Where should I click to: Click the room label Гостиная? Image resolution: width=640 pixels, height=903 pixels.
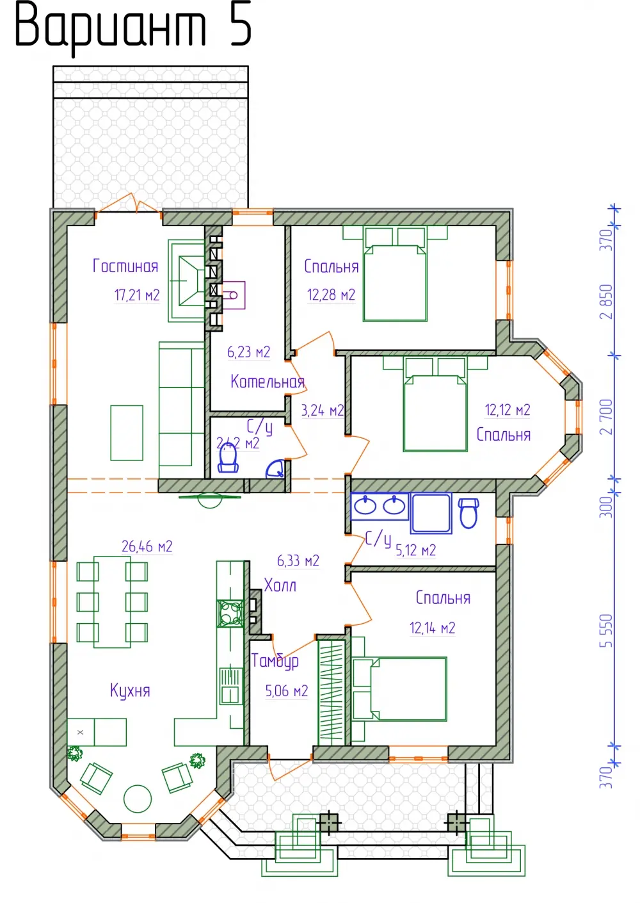[125, 266]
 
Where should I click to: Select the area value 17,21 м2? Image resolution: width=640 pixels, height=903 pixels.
[137, 295]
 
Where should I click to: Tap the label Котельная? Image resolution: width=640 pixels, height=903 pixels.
[268, 381]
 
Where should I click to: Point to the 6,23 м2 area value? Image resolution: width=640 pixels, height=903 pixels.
[248, 352]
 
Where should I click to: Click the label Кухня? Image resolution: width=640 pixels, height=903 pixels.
[130, 691]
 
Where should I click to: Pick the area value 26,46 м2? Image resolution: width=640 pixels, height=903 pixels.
[147, 547]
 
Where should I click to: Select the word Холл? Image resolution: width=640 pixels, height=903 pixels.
[280, 585]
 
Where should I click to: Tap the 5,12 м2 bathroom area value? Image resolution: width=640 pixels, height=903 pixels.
[415, 551]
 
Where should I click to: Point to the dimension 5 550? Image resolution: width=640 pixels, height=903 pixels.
[606, 631]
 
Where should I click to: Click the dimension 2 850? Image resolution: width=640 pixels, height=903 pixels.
[606, 302]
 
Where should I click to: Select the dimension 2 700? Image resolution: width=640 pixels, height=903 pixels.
[606, 417]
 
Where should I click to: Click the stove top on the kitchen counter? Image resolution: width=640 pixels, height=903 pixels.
[230, 614]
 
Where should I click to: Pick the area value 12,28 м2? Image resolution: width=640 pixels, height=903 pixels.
[331, 295]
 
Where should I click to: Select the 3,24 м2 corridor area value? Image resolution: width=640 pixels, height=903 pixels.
[323, 411]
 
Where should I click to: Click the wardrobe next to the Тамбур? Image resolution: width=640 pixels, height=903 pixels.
[332, 692]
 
